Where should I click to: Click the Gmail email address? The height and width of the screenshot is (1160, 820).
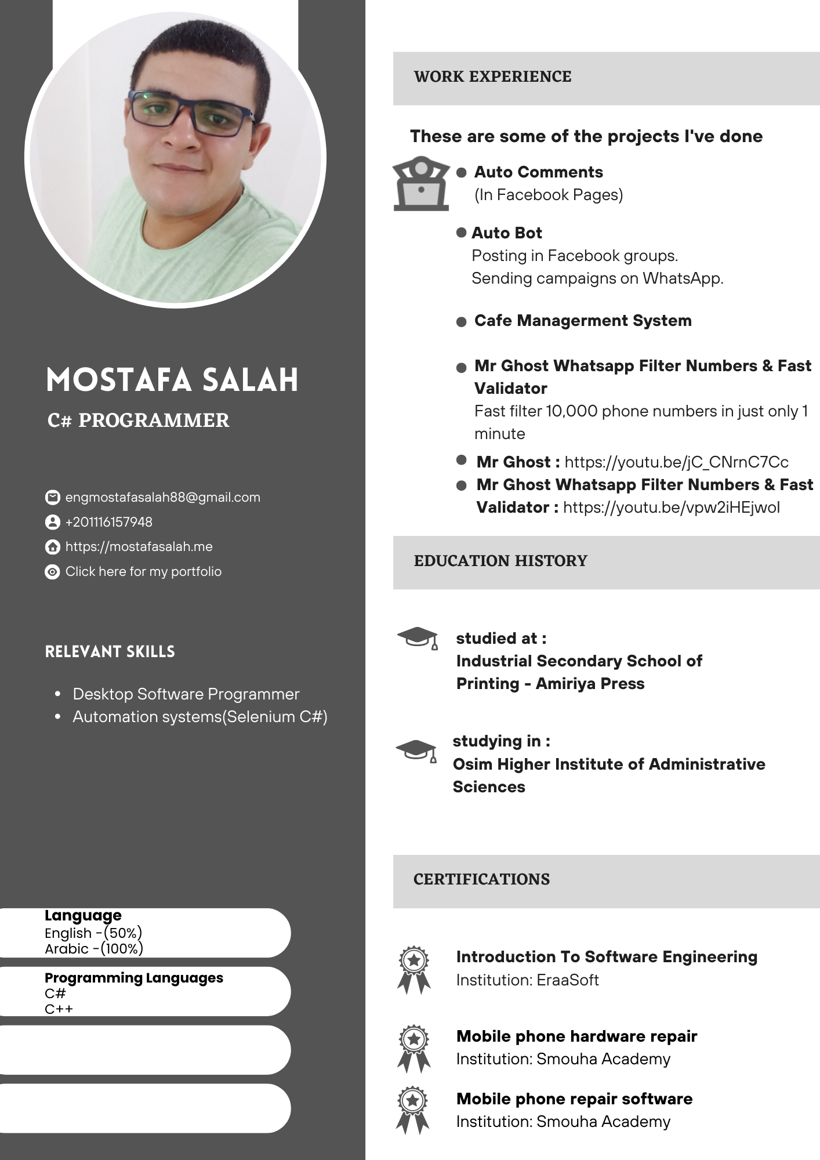pyautogui.click(x=162, y=498)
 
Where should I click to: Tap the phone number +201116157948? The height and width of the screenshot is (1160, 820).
pyautogui.click(x=109, y=522)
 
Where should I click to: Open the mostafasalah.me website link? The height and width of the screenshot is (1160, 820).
pyautogui.click(x=139, y=547)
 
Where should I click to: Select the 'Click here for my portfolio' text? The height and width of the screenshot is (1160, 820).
pyautogui.click(x=143, y=572)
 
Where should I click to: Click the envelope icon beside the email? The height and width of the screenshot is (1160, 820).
pyautogui.click(x=52, y=498)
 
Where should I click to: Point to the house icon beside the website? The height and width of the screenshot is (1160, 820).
pyautogui.click(x=52, y=547)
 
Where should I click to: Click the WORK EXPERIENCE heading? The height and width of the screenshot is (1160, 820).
pyautogui.click(x=492, y=77)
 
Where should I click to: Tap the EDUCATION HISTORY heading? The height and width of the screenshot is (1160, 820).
pyautogui.click(x=500, y=561)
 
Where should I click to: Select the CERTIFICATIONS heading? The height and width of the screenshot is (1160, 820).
pyautogui.click(x=481, y=879)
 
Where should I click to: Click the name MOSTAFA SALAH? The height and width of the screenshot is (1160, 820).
pyautogui.click(x=172, y=380)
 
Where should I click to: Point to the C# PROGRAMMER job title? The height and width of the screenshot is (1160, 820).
pyautogui.click(x=138, y=420)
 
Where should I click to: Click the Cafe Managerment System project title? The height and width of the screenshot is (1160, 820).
pyautogui.click(x=583, y=321)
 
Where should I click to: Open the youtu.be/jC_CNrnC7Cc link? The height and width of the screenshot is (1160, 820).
pyautogui.click(x=676, y=462)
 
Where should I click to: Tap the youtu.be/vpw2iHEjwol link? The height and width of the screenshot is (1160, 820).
pyautogui.click(x=671, y=507)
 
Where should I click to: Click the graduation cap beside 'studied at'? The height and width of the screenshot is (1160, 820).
pyautogui.click(x=418, y=637)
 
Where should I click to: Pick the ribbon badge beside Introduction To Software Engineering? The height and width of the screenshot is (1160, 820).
pyautogui.click(x=414, y=970)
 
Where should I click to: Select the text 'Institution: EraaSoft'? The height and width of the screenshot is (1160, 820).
pyautogui.click(x=527, y=980)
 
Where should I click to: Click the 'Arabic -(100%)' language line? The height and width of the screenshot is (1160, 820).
pyautogui.click(x=94, y=949)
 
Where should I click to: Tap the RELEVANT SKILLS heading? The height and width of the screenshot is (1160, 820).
pyautogui.click(x=110, y=652)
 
